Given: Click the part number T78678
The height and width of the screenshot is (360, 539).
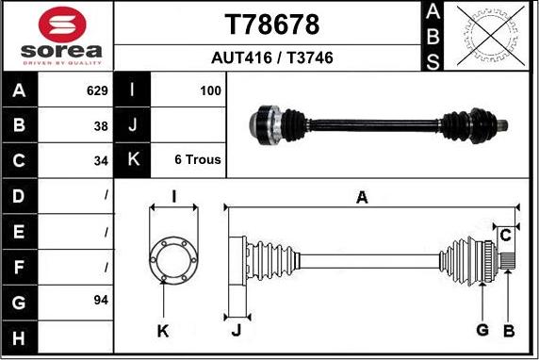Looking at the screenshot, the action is coord(272,25).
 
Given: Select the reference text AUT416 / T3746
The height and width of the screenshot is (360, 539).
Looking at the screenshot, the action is coord(272,57).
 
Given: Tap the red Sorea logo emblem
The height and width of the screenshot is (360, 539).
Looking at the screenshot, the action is coord(62,25).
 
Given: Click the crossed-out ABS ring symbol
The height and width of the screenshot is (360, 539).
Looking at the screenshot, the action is coord(491,36).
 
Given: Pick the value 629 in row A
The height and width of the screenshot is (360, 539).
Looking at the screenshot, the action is coord(97,90).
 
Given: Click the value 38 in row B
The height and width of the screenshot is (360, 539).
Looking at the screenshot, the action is coord(101,126).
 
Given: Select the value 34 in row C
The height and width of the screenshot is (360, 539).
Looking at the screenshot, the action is coord(101,161).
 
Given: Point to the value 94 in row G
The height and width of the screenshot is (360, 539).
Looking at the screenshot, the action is coord(101,301).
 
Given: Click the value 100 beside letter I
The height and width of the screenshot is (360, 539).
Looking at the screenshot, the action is coord(210,90).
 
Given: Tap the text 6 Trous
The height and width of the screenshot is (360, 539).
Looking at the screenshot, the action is coord(198,159).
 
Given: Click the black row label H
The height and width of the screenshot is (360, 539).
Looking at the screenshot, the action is coord(20,337).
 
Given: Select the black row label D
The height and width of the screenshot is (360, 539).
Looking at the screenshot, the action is coord(20,196).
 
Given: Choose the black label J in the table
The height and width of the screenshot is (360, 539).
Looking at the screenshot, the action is coord(132,124).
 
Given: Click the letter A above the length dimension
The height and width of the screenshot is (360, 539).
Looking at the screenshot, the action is coord(362,198).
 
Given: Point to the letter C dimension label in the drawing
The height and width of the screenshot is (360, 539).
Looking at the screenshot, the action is coord(505,236).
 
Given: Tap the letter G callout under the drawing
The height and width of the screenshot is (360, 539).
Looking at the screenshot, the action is coord(482,330).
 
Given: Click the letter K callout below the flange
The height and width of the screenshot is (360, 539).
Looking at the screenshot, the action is coord(163,331).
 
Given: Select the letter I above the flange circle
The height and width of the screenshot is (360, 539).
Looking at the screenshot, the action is coord(174,197).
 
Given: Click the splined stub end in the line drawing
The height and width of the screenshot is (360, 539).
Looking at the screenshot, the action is coord(508,261).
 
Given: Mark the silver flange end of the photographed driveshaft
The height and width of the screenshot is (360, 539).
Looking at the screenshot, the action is coord(264,124).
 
